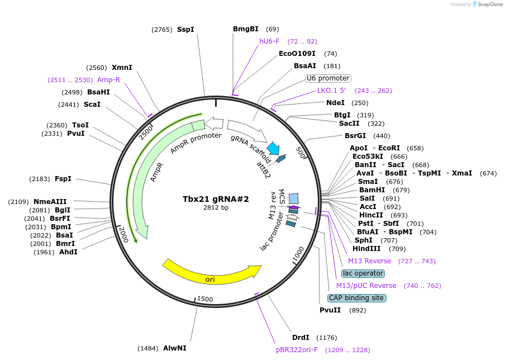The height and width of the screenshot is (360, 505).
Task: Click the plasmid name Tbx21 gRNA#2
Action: point(216,199)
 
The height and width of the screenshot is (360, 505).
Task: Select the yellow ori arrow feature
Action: point(210,273)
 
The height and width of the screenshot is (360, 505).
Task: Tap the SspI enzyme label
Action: point(185,29)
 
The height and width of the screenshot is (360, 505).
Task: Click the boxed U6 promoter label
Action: point(328,78)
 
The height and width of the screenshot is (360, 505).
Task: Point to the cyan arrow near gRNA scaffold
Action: point(273,148)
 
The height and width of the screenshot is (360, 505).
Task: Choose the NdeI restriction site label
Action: point(336,103)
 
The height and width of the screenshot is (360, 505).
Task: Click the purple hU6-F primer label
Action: point(269,41)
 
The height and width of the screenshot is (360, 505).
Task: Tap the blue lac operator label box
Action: point(363,273)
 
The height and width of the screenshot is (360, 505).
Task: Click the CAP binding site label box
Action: point(356,298)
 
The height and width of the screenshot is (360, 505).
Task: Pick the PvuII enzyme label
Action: point(330,310)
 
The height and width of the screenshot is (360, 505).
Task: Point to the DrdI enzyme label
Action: point(301,338)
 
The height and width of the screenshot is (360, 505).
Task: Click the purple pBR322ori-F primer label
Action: point(297,350)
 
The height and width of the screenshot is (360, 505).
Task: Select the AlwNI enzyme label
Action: point(175,348)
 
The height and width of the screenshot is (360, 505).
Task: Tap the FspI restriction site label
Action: point(63,179)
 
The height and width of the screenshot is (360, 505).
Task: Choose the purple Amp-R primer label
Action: point(108,80)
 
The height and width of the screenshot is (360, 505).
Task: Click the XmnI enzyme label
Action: point(122,68)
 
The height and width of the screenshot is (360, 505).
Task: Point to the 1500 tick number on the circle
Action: point(206,300)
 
